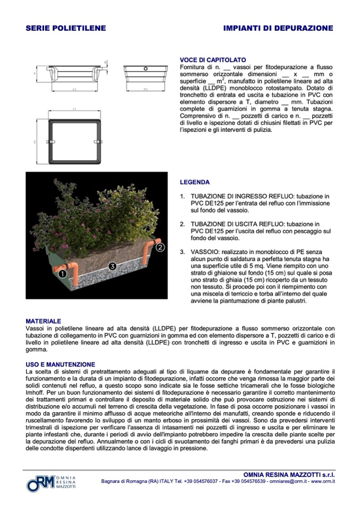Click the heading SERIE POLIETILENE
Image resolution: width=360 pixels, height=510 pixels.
[66, 28]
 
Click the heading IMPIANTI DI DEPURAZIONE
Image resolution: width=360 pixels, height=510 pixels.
[278, 28]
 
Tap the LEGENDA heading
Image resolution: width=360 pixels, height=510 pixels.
[195, 182]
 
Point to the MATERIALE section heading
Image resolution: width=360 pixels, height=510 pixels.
[43, 321]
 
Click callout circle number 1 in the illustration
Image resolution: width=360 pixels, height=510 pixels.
[62, 274]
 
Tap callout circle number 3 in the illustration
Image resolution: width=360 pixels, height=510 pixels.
[112, 265]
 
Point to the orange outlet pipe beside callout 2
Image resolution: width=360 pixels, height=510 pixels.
[155, 240]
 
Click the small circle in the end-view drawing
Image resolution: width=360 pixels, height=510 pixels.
[145, 68]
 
